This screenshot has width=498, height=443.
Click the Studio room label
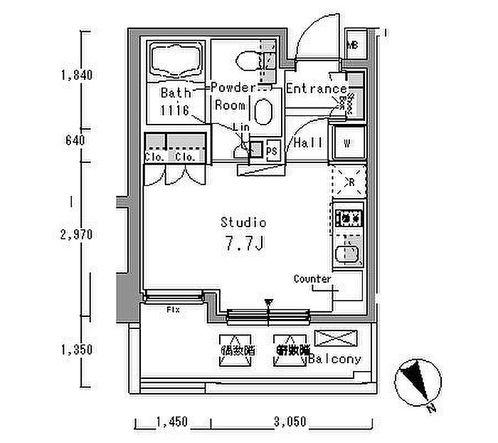coord(243,222)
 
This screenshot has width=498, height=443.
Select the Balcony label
coord(336,360)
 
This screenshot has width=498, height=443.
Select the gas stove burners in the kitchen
coord(349,217)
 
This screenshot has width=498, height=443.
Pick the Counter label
coord(312,279)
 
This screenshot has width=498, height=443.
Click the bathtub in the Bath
coord(176,61)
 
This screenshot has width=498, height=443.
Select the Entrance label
coord(316,89)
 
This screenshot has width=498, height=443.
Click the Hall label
coord(308,142)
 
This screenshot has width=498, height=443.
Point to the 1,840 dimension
coord(78,74)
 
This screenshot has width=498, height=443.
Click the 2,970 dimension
coord(78,234)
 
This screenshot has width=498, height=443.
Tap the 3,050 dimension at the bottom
coord(289,422)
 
